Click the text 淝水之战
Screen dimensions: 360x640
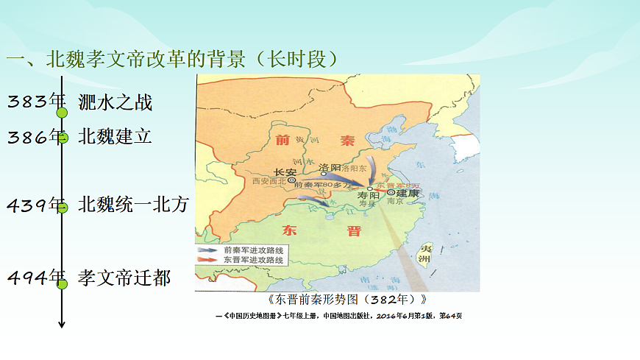coord(115,102)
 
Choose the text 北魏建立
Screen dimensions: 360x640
coord(115,137)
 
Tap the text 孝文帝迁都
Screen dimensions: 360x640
coord(125,278)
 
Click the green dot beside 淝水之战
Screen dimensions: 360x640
coord(63,113)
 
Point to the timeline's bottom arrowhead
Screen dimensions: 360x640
coord(63,325)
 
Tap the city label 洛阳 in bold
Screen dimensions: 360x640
coord(330,166)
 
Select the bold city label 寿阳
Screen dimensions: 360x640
coord(367,197)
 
